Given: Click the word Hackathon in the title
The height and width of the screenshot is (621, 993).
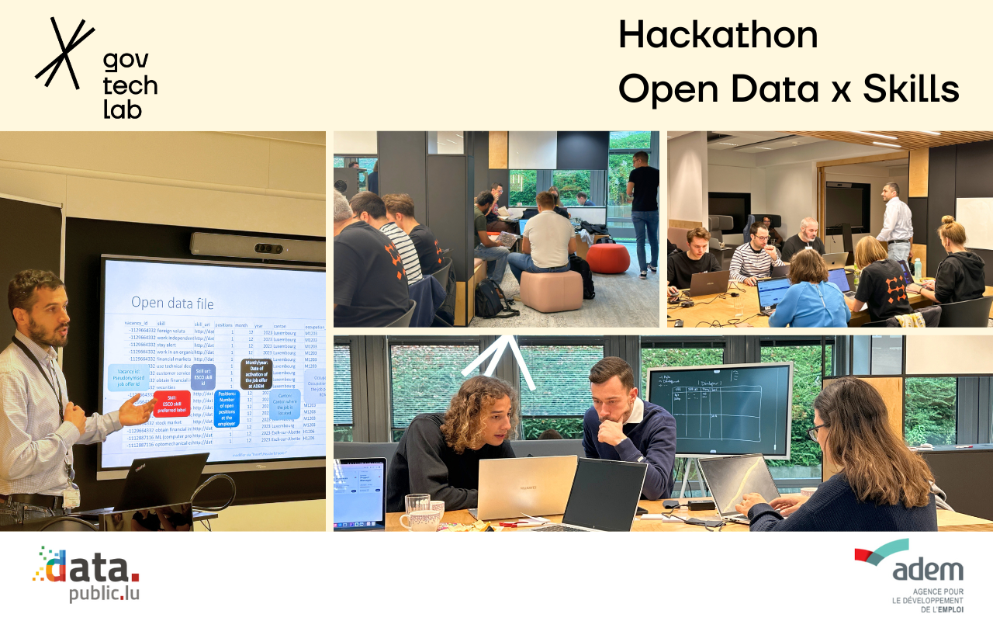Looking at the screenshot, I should (718, 36).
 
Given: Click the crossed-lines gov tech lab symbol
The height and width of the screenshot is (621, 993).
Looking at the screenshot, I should (64, 52).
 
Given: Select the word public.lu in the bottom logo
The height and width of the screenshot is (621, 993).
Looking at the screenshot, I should (104, 594).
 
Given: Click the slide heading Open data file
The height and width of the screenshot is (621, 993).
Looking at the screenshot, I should (172, 303).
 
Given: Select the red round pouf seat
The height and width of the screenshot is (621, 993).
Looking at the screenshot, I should (607, 258).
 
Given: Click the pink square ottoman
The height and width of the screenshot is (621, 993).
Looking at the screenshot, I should (551, 290).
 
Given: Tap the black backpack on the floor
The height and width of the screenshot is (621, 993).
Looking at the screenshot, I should (491, 299).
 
